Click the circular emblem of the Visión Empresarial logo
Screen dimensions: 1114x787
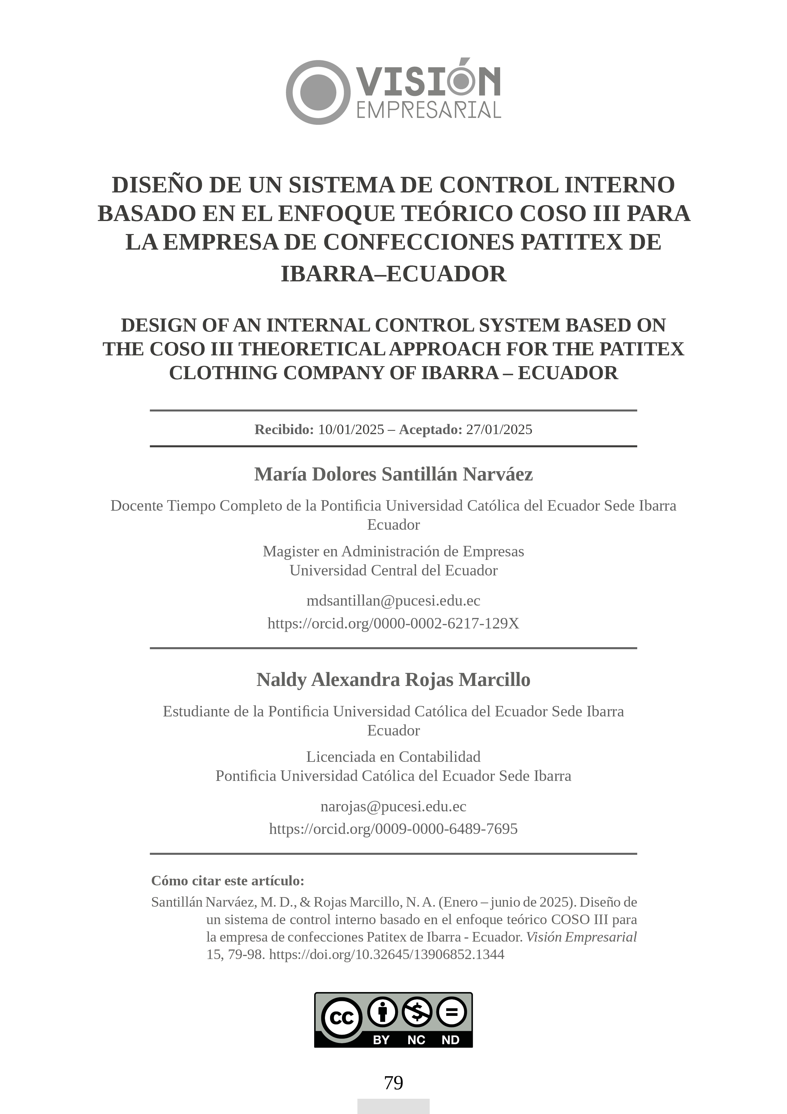point(318,92)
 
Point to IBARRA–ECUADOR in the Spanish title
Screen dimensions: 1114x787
point(393,274)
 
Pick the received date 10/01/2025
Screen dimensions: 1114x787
point(351,429)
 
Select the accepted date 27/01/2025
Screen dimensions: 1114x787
point(499,429)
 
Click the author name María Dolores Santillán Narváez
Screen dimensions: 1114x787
point(393,474)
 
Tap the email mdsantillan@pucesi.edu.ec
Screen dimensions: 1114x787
point(393,601)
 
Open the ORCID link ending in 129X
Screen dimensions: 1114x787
point(393,623)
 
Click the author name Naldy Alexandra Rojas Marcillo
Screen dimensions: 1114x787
point(393,680)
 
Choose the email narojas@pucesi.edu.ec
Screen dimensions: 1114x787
point(393,806)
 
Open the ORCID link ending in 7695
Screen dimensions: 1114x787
point(393,829)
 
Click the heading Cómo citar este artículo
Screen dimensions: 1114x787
point(228,881)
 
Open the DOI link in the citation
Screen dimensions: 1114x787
point(387,954)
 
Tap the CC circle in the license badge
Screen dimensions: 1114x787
point(341,1017)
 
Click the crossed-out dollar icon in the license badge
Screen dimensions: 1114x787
point(417,1012)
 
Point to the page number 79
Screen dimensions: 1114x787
point(393,1083)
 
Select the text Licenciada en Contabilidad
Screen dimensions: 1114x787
point(393,756)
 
